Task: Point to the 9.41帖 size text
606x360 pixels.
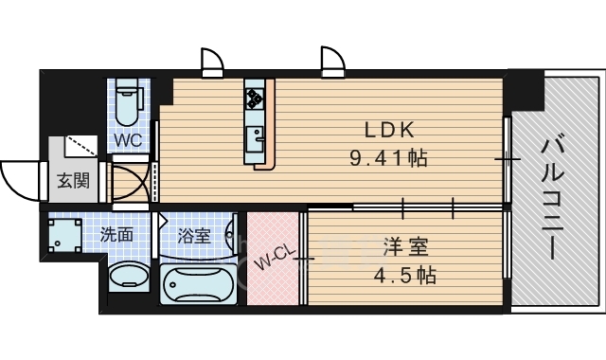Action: click(x=387, y=158)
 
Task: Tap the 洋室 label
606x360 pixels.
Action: click(x=405, y=249)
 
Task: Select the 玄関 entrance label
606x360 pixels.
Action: click(x=72, y=180)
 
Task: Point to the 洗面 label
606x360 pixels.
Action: click(x=116, y=235)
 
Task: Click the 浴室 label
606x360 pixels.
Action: click(x=194, y=235)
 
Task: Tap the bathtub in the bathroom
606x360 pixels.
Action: click(x=199, y=285)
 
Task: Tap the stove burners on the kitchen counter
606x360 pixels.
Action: click(x=254, y=97)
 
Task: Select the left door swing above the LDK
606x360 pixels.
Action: click(x=210, y=61)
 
